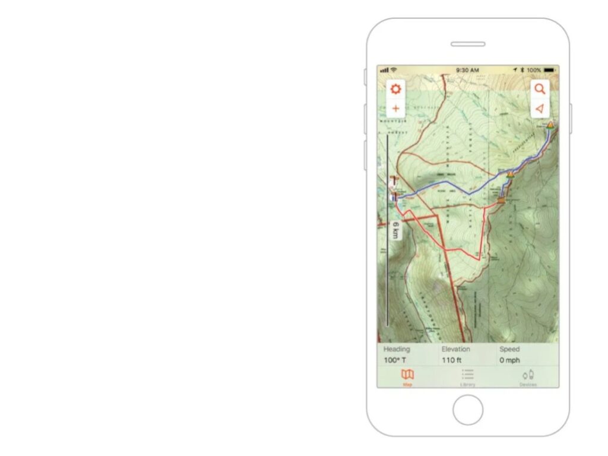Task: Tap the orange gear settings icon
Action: (x=395, y=90)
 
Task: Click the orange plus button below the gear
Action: (x=395, y=109)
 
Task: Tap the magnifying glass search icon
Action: (x=540, y=89)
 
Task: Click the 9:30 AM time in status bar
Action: (x=467, y=70)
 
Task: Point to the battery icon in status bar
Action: (x=550, y=70)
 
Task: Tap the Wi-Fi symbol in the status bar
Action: (x=394, y=70)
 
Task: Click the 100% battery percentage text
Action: (x=534, y=70)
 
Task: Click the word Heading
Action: (x=397, y=349)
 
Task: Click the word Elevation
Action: (x=456, y=349)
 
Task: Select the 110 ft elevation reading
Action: (x=452, y=360)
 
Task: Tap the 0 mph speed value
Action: (x=509, y=360)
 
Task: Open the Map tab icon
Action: (x=407, y=375)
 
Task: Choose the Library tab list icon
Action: (x=468, y=375)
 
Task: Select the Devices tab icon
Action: (x=528, y=375)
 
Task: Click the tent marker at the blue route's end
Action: (x=550, y=125)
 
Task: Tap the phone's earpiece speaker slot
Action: (x=468, y=44)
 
